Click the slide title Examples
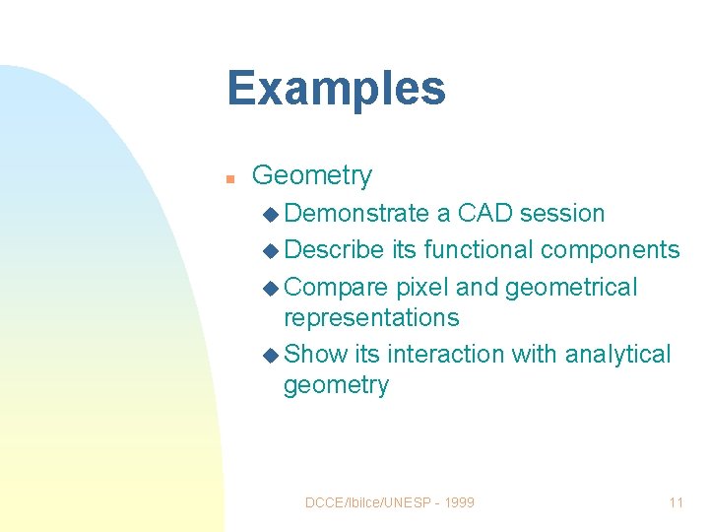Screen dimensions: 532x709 click(336, 89)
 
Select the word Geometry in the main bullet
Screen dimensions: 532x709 click(312, 176)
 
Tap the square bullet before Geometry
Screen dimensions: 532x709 click(228, 179)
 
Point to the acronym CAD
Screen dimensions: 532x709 click(485, 214)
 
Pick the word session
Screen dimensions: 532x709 click(562, 214)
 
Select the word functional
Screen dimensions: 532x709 click(479, 250)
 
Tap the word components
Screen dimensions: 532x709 click(611, 250)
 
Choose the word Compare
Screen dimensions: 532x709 click(336, 288)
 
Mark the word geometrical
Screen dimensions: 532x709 click(571, 288)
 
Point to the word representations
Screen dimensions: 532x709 click(371, 318)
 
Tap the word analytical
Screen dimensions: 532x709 click(618, 354)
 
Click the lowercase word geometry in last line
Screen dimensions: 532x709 click(336, 385)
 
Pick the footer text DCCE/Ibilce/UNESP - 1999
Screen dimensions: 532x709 click(390, 502)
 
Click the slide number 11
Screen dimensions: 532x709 click(676, 502)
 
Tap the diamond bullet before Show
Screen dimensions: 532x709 click(272, 355)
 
